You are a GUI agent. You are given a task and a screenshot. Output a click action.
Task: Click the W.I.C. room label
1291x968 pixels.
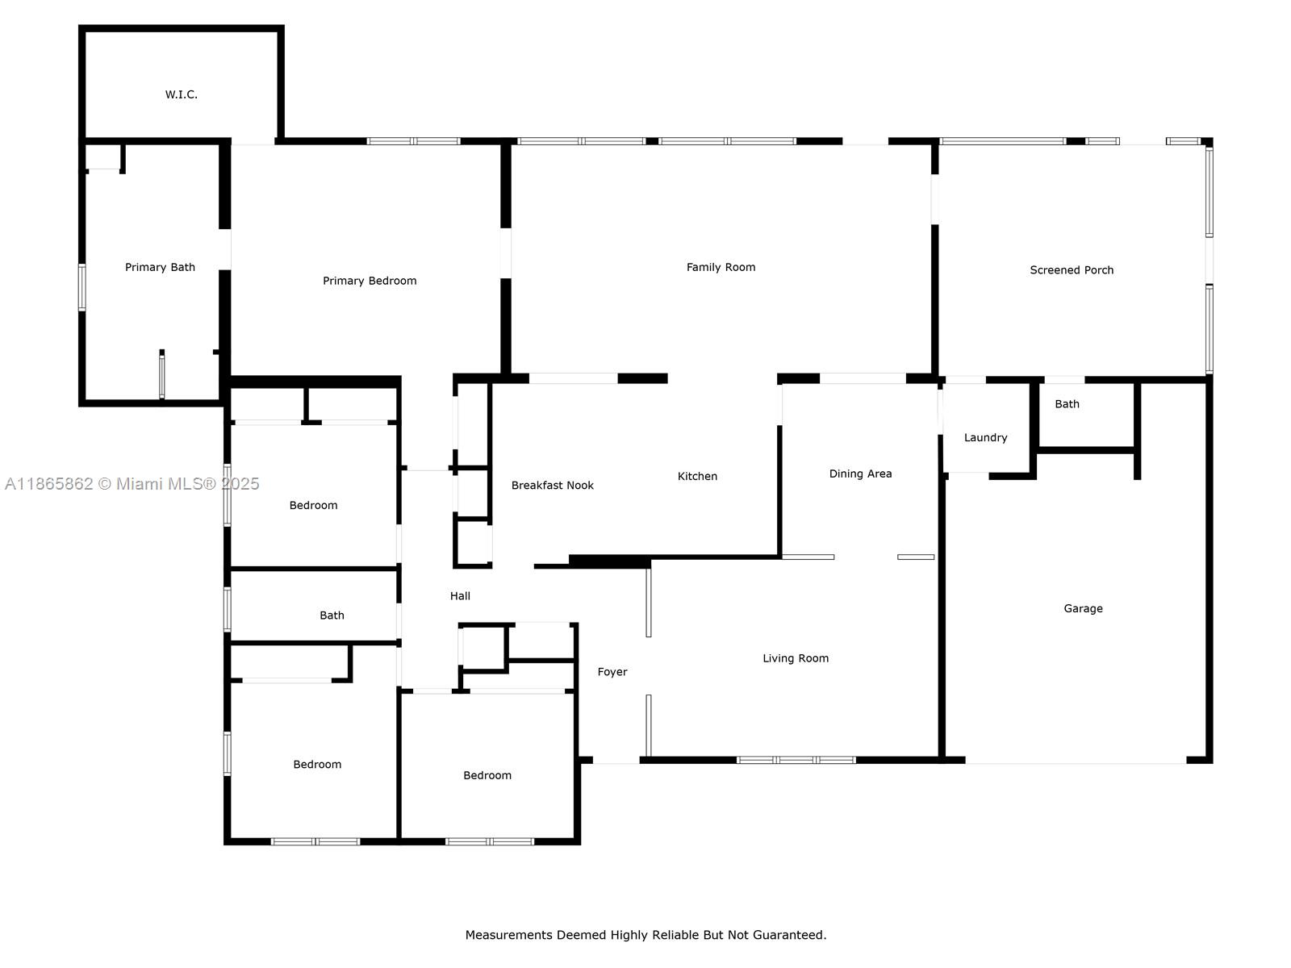coord(182,94)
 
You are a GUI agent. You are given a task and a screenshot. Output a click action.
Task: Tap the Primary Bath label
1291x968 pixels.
coord(160,268)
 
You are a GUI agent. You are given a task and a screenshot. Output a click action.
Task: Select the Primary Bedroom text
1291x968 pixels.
coord(370,281)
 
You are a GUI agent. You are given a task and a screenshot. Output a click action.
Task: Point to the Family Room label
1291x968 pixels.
coord(721,268)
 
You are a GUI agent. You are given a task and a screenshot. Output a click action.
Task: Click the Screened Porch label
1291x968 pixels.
coord(1071,270)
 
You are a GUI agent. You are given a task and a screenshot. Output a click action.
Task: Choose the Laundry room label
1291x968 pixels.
coord(985,438)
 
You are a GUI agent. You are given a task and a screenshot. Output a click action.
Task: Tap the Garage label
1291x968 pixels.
coord(1083,609)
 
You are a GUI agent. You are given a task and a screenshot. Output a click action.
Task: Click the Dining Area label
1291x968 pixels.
coord(860,474)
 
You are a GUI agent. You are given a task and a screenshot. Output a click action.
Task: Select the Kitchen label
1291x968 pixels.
coord(697,477)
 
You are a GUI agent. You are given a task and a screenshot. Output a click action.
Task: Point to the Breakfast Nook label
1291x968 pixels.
coord(552,486)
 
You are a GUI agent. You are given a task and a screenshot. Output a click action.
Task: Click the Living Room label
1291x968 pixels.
coord(796,659)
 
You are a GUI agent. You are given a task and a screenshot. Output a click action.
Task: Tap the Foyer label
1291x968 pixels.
coord(612,673)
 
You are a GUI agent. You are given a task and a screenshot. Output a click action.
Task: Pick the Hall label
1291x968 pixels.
coord(460,597)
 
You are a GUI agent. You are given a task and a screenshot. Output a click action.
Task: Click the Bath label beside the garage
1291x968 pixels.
coord(1067,404)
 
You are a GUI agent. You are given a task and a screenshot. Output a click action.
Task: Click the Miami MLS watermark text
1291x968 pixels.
coord(132,484)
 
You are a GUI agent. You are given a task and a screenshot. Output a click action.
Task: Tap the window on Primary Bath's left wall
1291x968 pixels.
coord(82,287)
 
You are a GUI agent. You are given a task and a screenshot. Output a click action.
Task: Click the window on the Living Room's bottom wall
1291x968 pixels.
coord(796,760)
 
